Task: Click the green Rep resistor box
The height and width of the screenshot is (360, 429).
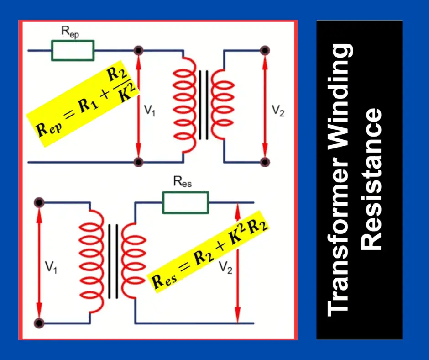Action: (73, 50)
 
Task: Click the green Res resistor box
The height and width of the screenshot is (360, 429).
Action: (186, 202)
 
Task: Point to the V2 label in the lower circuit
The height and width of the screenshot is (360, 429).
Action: (225, 268)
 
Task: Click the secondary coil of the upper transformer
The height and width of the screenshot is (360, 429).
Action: (224, 105)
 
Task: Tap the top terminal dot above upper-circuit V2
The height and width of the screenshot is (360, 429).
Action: (264, 50)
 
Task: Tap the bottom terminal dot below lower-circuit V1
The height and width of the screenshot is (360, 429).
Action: (40, 323)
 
